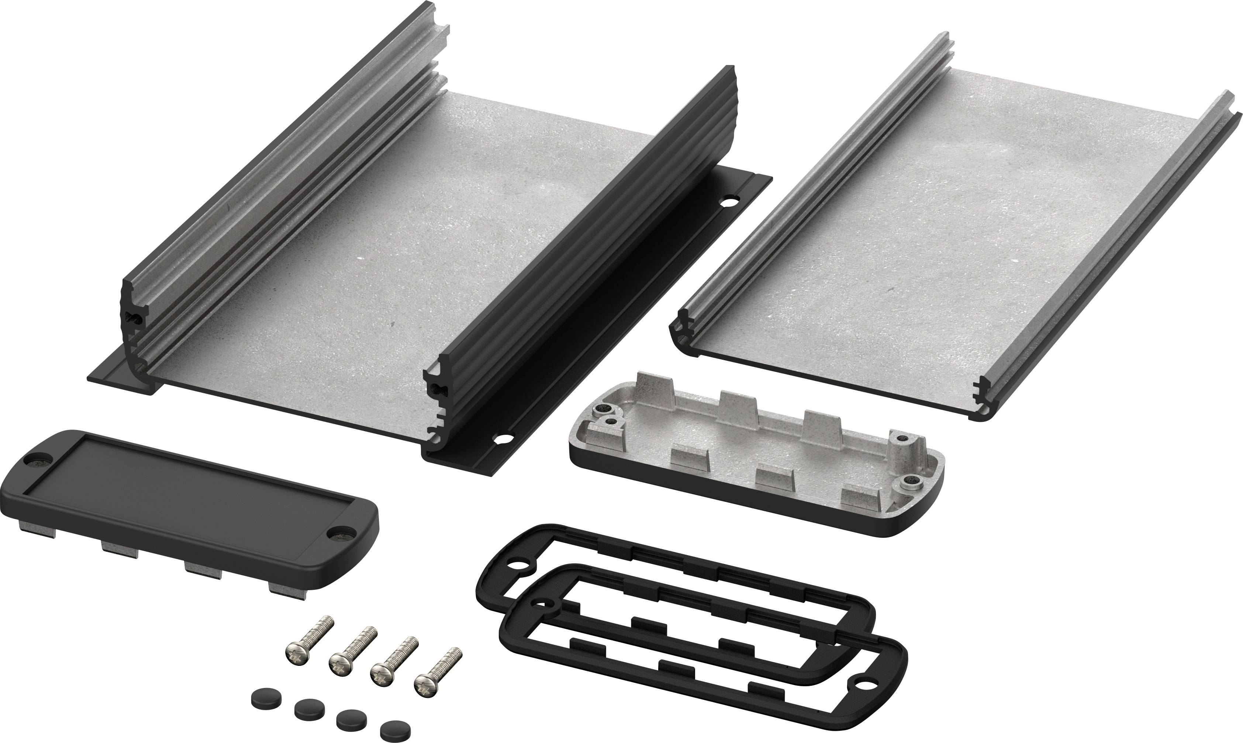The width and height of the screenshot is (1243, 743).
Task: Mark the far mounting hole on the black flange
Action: click(726, 204)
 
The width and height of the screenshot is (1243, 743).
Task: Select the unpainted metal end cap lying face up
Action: click(756, 466)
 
